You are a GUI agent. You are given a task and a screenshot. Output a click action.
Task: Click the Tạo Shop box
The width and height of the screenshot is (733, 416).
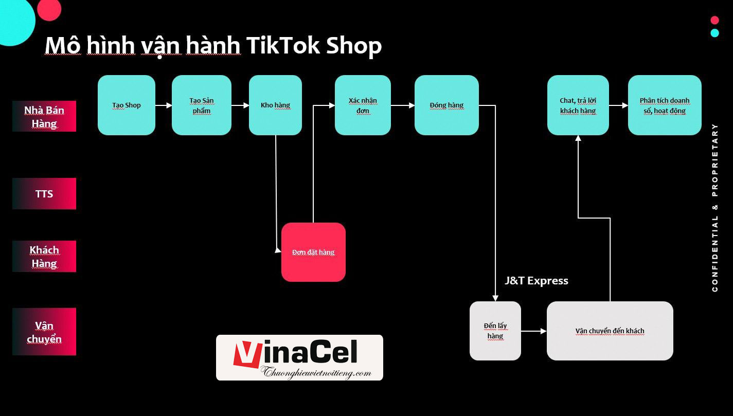click(x=127, y=105)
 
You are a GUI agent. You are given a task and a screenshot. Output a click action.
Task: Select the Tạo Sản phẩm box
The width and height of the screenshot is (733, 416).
click(x=201, y=105)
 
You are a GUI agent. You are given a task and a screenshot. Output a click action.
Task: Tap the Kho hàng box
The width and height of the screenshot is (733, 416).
click(x=275, y=105)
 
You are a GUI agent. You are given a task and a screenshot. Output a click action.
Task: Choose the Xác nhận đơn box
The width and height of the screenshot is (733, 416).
click(x=363, y=105)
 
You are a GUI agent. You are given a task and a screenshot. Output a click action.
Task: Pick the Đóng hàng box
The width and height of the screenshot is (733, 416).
click(x=446, y=105)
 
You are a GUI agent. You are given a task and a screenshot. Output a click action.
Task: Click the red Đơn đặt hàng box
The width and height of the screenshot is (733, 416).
click(x=313, y=252)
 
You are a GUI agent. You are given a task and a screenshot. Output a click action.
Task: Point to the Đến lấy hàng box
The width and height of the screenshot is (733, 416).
click(x=495, y=331)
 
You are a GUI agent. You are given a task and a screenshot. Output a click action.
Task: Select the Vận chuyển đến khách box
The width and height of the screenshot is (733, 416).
click(x=610, y=331)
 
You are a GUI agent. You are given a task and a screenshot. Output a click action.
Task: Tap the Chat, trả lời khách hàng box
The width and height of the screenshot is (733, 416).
click(x=578, y=105)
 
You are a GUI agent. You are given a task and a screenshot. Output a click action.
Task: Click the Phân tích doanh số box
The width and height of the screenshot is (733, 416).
click(x=665, y=105)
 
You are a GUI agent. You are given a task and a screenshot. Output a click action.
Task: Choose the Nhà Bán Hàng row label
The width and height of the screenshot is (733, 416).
click(x=44, y=116)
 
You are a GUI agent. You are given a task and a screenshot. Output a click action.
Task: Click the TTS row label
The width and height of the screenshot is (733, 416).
click(x=44, y=194)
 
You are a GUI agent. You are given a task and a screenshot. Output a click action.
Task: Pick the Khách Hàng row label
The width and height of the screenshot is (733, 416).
click(x=44, y=256)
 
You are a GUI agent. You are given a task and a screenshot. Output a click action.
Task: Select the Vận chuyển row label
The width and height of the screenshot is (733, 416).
click(x=44, y=332)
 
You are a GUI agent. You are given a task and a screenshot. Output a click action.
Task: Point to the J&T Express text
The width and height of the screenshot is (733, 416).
click(x=537, y=281)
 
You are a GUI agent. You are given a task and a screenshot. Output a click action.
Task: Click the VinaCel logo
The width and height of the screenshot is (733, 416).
click(x=299, y=357)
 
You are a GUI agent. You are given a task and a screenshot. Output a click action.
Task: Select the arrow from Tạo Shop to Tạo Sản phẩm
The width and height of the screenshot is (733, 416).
click(x=164, y=105)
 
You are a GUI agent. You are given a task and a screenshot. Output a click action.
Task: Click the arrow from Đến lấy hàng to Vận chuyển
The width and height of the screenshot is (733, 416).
click(x=534, y=332)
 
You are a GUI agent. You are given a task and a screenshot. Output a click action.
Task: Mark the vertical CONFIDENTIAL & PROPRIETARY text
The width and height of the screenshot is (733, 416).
click(x=715, y=208)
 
